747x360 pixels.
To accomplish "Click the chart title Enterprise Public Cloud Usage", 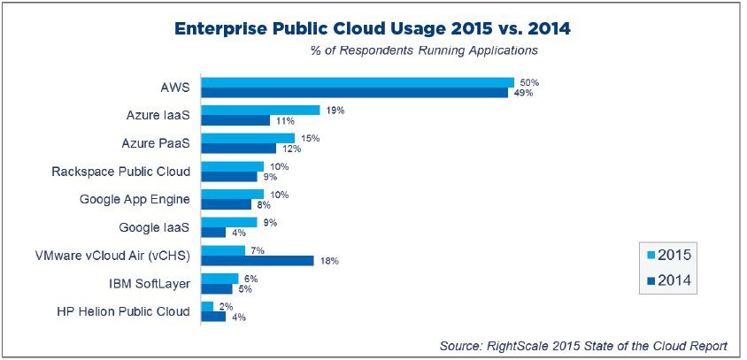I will click(x=372, y=28).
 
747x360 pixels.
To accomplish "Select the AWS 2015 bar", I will click(x=358, y=82).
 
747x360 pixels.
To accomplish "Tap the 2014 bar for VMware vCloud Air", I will click(x=258, y=261).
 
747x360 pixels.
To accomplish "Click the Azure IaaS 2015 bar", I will click(x=260, y=110).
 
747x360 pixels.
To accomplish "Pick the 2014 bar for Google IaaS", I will click(x=213, y=233).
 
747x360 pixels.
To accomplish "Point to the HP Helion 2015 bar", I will click(x=207, y=306).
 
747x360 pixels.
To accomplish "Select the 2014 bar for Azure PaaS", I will click(x=239, y=148).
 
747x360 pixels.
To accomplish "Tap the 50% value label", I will click(x=529, y=82).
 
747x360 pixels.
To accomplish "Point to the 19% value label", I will click(x=335, y=111).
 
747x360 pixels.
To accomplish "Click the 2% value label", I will click(x=225, y=306).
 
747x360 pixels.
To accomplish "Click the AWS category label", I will click(x=175, y=88).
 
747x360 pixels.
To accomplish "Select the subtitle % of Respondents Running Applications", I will click(x=423, y=50).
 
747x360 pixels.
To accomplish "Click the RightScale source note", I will click(x=583, y=346).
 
